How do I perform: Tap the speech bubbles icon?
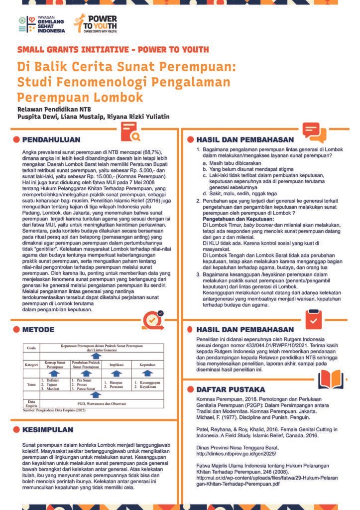click(x=315, y=132)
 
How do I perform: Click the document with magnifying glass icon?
click(x=131, y=132)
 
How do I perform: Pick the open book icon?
click(x=330, y=380)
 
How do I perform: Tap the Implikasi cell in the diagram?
click(x=117, y=365)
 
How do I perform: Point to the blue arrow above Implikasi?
click(x=117, y=373)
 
